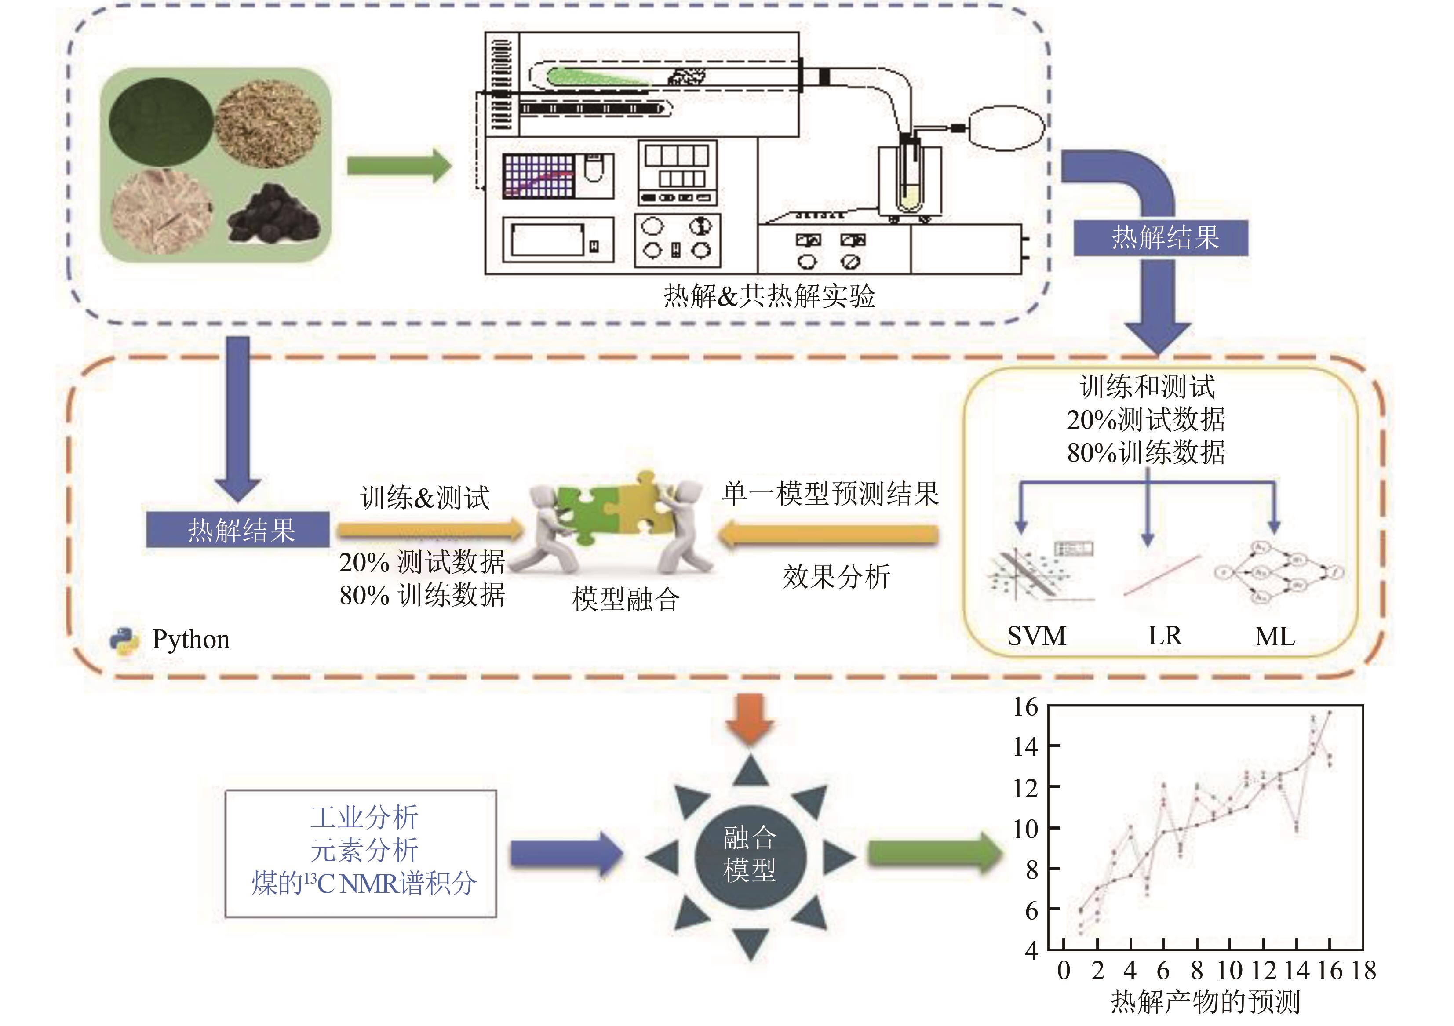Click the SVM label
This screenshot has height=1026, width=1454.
(1036, 636)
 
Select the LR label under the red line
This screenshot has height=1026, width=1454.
(1165, 636)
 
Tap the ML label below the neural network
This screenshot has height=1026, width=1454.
(1275, 637)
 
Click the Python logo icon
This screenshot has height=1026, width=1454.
(124, 640)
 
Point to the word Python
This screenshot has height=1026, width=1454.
(191, 640)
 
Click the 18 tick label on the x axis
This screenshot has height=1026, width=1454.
(1363, 970)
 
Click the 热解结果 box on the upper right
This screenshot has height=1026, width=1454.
(1160, 238)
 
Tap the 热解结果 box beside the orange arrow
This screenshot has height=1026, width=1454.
(238, 529)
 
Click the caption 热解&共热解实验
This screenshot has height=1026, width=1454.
(769, 296)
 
